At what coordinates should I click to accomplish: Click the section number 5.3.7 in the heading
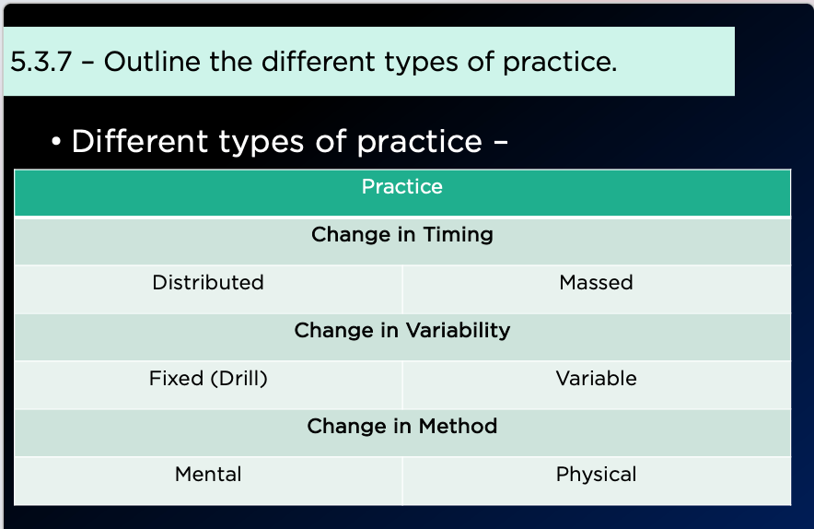(x=41, y=62)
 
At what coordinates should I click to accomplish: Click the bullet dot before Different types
(x=56, y=142)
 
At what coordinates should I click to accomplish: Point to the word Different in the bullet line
(x=140, y=141)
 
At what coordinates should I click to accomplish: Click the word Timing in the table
(x=458, y=235)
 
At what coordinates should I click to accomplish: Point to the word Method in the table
(x=458, y=426)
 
